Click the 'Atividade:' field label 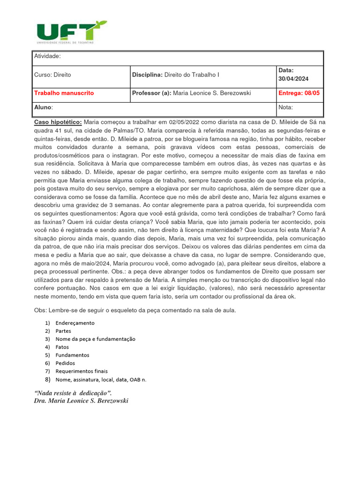pyautogui.click(x=47, y=56)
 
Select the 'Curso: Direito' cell pyautogui.click(x=52, y=75)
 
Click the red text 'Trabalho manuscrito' pyautogui.click(x=64, y=93)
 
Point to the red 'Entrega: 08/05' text pyautogui.click(x=299, y=93)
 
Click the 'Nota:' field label pyautogui.click(x=285, y=107)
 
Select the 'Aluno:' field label pyautogui.click(x=44, y=107)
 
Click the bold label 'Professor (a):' pyautogui.click(x=152, y=93)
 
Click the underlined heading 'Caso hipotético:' pyautogui.click(x=58, y=122)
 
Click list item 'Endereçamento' pyautogui.click(x=75, y=323)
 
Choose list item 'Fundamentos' pyautogui.click(x=72, y=355)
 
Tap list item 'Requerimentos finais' pyautogui.click(x=82, y=371)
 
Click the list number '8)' pyautogui.click(x=47, y=379)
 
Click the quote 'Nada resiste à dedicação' pyautogui.click(x=74, y=392)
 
